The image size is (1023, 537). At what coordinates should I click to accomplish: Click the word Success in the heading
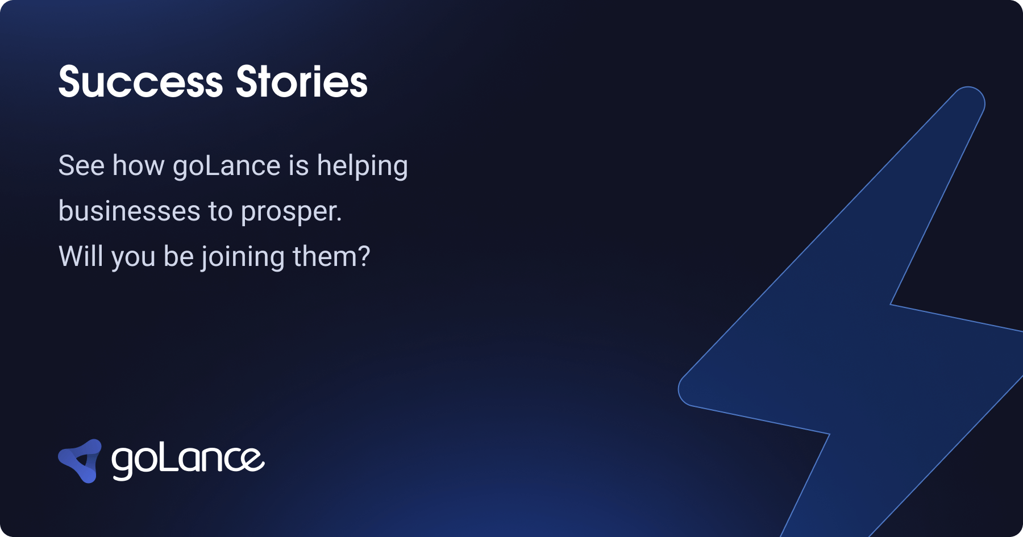140,82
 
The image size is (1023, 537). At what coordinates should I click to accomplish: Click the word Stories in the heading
302,82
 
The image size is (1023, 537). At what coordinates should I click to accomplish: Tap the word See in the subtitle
81,166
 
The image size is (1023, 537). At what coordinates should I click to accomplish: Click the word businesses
129,211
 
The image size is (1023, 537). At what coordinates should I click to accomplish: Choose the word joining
243,257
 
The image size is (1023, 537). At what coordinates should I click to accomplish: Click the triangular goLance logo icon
81,461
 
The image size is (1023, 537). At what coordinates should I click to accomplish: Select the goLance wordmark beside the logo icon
188,460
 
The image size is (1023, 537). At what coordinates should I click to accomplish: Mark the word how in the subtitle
138,166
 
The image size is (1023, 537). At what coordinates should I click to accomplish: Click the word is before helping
298,166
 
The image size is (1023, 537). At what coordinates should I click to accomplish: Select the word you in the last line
133,257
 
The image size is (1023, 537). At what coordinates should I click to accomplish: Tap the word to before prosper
221,212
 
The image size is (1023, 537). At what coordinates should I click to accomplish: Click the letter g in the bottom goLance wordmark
122,463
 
